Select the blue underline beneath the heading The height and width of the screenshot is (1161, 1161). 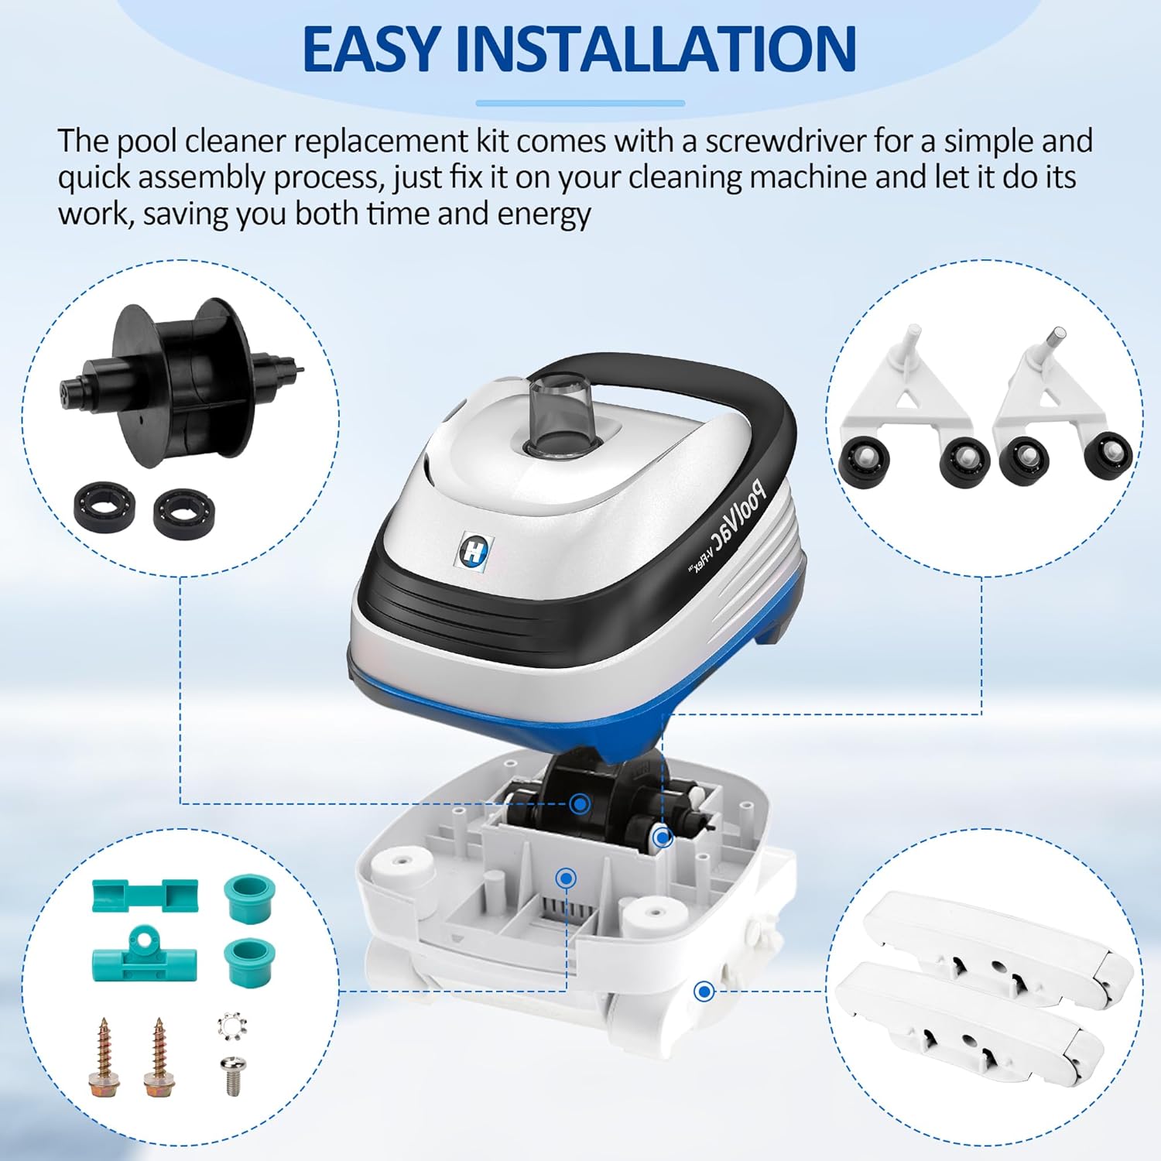pyautogui.click(x=580, y=103)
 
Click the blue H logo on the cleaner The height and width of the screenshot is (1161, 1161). pyautogui.click(x=471, y=551)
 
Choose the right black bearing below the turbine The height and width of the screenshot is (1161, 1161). pyautogui.click(x=183, y=509)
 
